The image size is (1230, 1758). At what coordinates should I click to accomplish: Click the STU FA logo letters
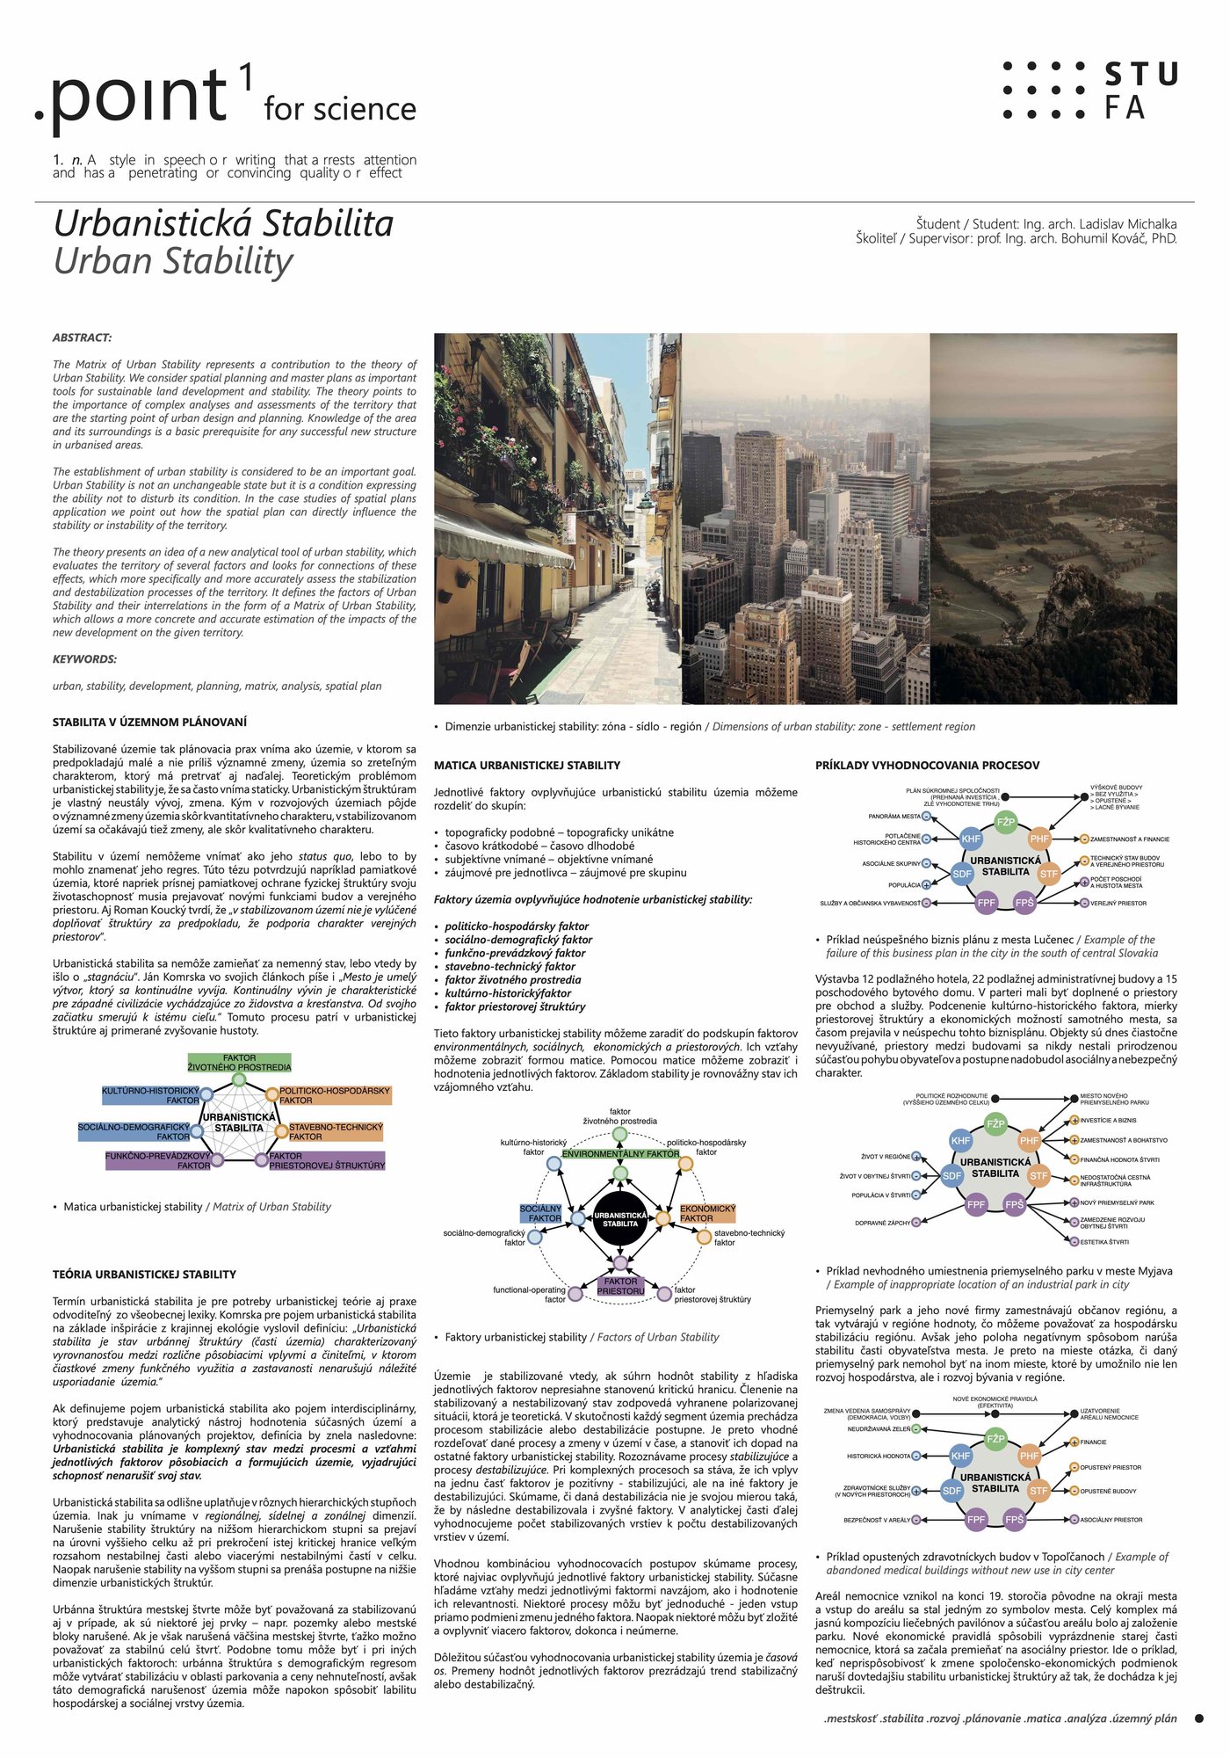click(x=1140, y=91)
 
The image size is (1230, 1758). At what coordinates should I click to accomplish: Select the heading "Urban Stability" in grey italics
click(x=174, y=261)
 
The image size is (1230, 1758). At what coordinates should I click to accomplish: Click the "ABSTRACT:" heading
click(x=82, y=338)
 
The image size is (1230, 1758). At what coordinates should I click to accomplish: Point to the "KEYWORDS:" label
click(x=84, y=659)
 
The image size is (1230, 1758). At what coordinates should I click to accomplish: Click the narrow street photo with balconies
click(x=557, y=519)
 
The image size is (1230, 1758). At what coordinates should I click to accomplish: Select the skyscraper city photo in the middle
click(x=805, y=519)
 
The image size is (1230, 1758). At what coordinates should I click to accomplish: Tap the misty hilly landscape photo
click(x=1053, y=519)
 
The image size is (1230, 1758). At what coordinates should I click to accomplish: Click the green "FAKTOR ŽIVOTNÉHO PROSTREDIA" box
click(x=239, y=1063)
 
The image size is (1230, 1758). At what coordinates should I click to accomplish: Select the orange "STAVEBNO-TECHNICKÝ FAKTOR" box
click(x=335, y=1131)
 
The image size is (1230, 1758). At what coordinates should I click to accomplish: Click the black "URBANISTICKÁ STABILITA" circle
click(x=620, y=1218)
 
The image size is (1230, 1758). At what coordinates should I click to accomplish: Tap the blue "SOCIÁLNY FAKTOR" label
click(x=541, y=1213)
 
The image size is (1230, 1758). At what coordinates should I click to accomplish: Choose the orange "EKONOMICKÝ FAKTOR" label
click(x=707, y=1213)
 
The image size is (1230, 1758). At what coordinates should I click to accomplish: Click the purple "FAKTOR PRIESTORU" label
click(x=621, y=1286)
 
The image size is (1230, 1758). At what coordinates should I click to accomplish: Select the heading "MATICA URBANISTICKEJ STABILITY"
click(x=527, y=766)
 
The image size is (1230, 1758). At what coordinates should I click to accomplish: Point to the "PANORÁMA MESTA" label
click(x=894, y=817)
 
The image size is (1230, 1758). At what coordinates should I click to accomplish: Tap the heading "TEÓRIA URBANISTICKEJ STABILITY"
click(x=144, y=1275)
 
